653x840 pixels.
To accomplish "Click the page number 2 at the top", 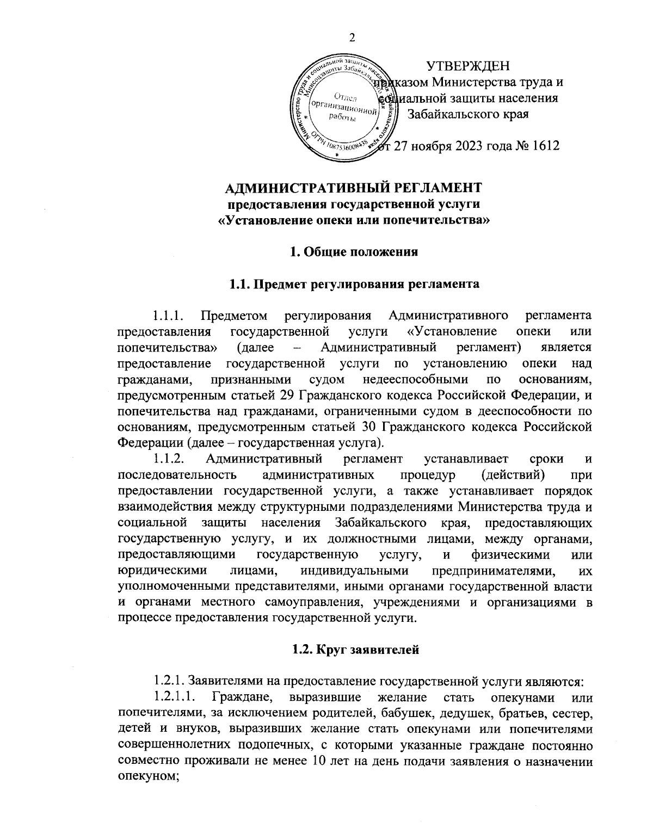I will (351, 37).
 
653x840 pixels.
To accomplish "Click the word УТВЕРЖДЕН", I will (469, 66).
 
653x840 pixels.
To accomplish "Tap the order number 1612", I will (543, 146).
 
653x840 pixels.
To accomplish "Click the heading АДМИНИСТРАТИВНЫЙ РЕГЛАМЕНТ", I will (353, 188).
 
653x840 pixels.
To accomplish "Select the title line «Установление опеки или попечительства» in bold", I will (353, 221).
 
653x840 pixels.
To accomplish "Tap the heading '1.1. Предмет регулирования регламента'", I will (353, 284).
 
